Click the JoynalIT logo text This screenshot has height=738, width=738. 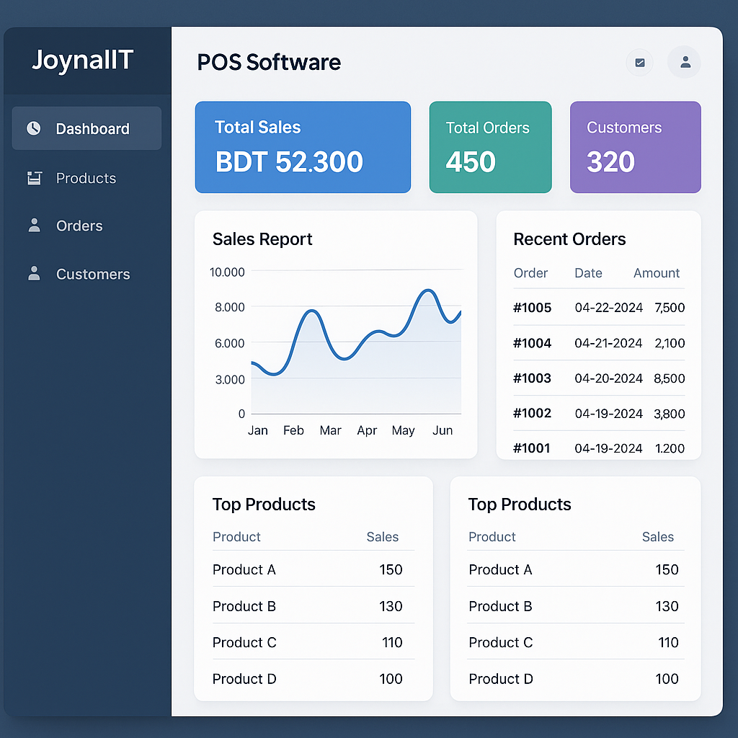pyautogui.click(x=82, y=61)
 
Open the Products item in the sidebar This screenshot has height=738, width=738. pyautogui.click(x=86, y=178)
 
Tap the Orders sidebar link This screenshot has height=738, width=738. pyautogui.click(x=79, y=226)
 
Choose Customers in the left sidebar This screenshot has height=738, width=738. pyautogui.click(x=93, y=274)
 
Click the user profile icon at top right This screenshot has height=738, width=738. pyautogui.click(x=685, y=63)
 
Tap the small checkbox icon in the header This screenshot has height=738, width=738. pyautogui.click(x=639, y=63)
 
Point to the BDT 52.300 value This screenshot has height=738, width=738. pyautogui.click(x=289, y=162)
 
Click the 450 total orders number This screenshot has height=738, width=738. pyautogui.click(x=471, y=162)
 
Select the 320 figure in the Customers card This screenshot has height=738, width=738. pyautogui.click(x=610, y=162)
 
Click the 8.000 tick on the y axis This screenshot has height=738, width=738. pyautogui.click(x=229, y=307)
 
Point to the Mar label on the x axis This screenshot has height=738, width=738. pyautogui.click(x=330, y=430)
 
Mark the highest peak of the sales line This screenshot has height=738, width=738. pyautogui.click(x=428, y=290)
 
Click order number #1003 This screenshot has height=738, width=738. pyautogui.click(x=532, y=378)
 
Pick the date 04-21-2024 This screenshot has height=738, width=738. pyautogui.click(x=608, y=343)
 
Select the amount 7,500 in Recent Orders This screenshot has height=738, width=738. pyautogui.click(x=670, y=308)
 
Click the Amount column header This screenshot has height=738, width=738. pyautogui.click(x=657, y=273)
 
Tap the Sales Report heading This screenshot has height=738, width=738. pyautogui.click(x=262, y=239)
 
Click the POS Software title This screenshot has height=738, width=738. pyautogui.click(x=269, y=62)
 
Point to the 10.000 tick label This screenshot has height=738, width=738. pyautogui.click(x=227, y=272)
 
